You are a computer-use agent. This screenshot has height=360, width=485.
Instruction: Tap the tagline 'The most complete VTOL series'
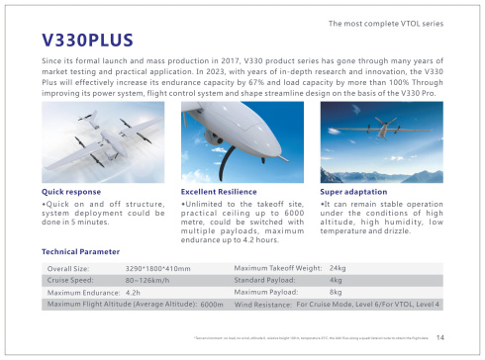392,21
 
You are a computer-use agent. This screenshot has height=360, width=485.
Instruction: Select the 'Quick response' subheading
71,191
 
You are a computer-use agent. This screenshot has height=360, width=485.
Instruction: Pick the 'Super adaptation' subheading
354,191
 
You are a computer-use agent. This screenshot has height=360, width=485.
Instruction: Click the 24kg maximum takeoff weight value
337,268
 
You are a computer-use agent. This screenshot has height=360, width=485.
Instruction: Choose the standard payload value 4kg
335,280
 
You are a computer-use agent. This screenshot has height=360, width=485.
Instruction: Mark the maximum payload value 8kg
335,293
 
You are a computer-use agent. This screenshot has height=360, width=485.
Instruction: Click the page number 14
439,336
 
